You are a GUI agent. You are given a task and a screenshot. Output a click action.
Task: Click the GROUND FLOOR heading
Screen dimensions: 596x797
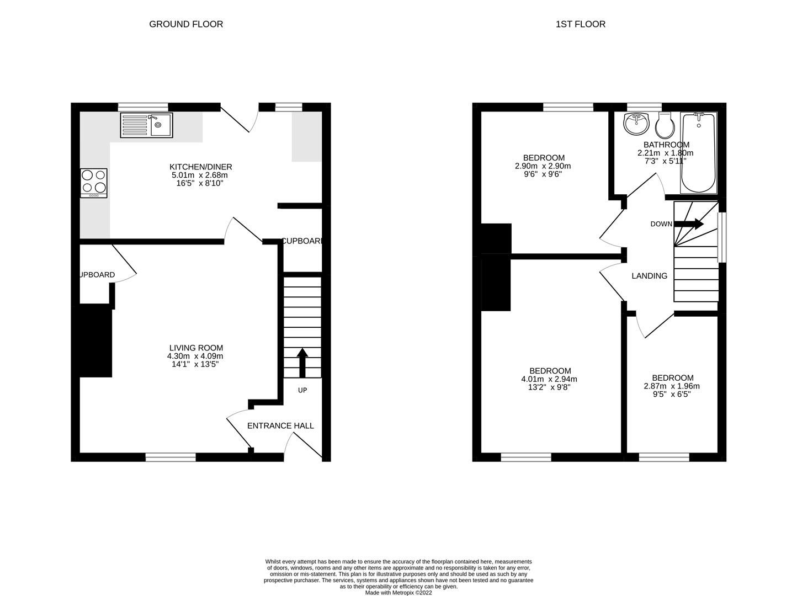point(186,24)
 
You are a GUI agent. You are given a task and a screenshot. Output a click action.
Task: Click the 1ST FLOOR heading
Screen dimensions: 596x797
point(580,24)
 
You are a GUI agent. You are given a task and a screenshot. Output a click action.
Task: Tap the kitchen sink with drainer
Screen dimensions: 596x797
point(146,125)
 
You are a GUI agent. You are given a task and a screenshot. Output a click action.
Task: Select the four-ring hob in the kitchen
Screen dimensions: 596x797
point(93,183)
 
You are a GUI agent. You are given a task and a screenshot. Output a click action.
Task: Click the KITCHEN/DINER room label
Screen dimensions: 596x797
point(200,167)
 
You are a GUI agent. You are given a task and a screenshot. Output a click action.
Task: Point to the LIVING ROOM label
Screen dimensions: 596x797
point(196,348)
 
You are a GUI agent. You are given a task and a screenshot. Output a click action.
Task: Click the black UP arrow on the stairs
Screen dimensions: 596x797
point(302,362)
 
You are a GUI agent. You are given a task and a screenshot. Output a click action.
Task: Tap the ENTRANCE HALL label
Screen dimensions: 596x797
point(280,425)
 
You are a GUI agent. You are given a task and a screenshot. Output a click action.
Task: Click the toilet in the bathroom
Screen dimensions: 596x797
point(665,126)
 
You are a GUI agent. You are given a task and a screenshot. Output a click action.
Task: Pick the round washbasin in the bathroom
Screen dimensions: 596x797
point(636,124)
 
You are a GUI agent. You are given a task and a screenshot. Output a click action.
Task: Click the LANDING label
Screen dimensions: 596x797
point(649,275)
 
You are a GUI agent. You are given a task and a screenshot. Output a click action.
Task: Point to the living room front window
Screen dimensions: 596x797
point(171,456)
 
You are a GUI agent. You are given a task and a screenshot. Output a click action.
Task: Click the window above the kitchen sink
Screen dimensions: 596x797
point(143,107)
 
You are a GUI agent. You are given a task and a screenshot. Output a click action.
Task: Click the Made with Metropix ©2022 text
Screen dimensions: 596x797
point(398,593)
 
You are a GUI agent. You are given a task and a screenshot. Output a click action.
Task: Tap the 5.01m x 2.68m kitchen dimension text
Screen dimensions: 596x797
point(200,175)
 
